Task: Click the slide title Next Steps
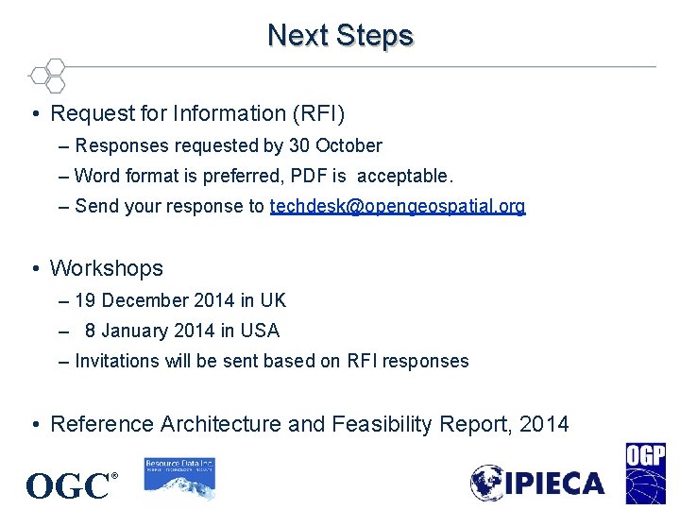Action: (340, 36)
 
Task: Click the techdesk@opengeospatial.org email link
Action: (398, 206)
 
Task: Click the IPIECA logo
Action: (537, 484)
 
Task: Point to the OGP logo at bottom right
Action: (645, 474)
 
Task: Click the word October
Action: (348, 145)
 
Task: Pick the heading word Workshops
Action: (106, 268)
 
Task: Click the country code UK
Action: (273, 300)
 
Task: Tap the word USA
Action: (260, 331)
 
